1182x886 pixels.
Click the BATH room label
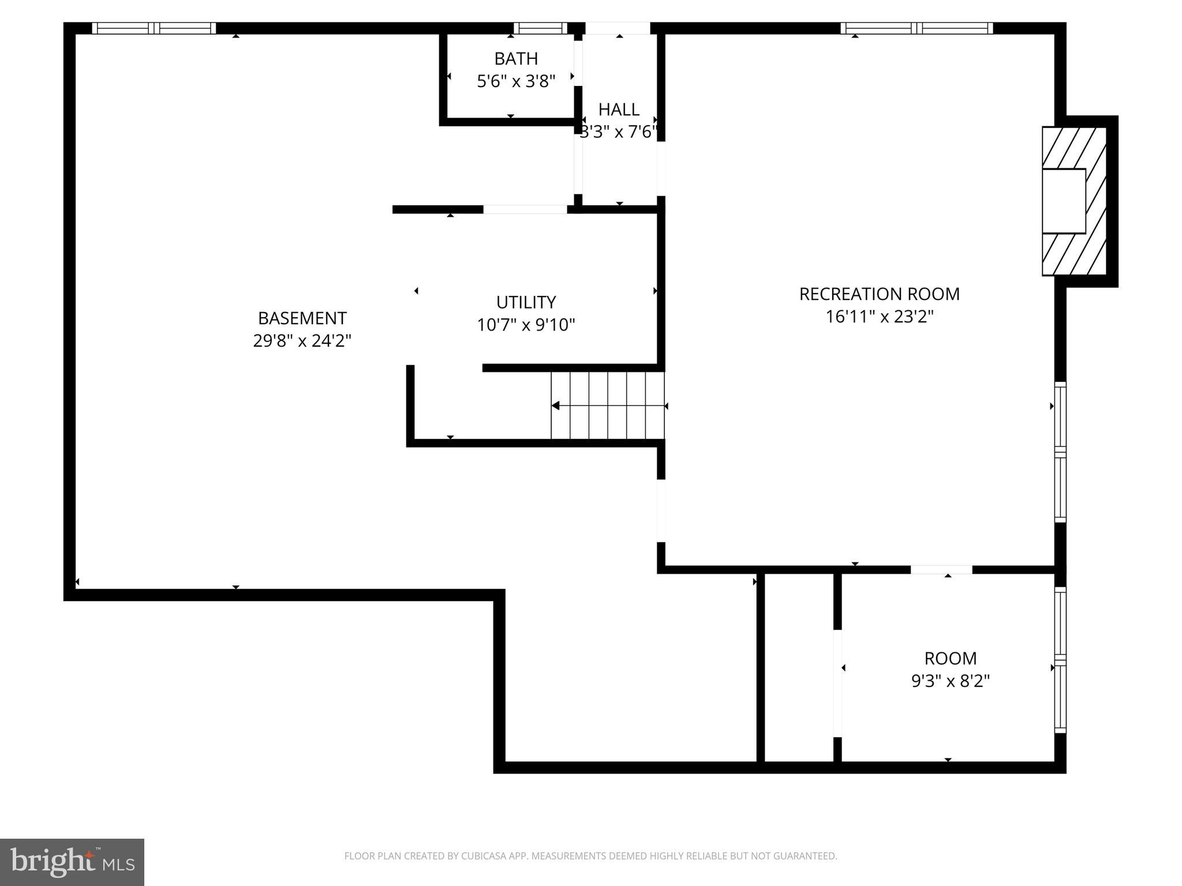516,59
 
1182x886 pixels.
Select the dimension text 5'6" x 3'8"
516,81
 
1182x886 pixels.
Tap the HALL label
619,110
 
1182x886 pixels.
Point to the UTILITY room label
526,302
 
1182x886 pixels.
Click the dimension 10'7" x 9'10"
526,325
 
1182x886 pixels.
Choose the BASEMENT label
302,318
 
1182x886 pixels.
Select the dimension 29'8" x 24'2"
302,341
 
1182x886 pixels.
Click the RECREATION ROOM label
879,294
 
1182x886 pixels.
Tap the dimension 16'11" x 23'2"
879,317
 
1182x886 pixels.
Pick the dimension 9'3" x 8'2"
950,681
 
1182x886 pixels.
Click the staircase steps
608,406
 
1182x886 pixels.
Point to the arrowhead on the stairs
555,406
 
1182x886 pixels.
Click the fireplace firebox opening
1063,201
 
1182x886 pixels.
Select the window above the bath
540,28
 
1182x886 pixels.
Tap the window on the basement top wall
154,28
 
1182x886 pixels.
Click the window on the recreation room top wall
917,28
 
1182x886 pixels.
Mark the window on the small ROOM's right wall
1060,660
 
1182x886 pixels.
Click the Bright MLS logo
72,862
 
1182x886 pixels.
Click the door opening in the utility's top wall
525,209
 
